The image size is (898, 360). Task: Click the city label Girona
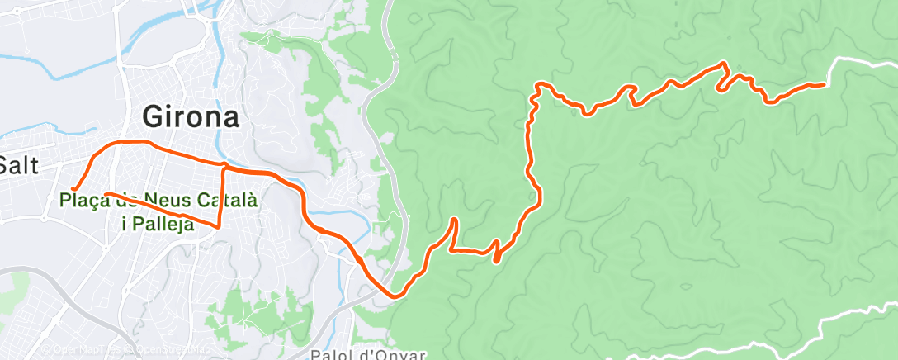191,116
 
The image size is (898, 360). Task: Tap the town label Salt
21,165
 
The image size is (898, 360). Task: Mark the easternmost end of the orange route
825,85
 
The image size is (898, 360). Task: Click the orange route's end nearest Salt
74,189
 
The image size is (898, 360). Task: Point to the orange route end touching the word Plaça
106,194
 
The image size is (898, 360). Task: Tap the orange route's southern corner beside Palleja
219,226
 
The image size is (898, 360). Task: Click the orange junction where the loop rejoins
224,168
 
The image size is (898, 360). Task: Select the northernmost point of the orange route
723,63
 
